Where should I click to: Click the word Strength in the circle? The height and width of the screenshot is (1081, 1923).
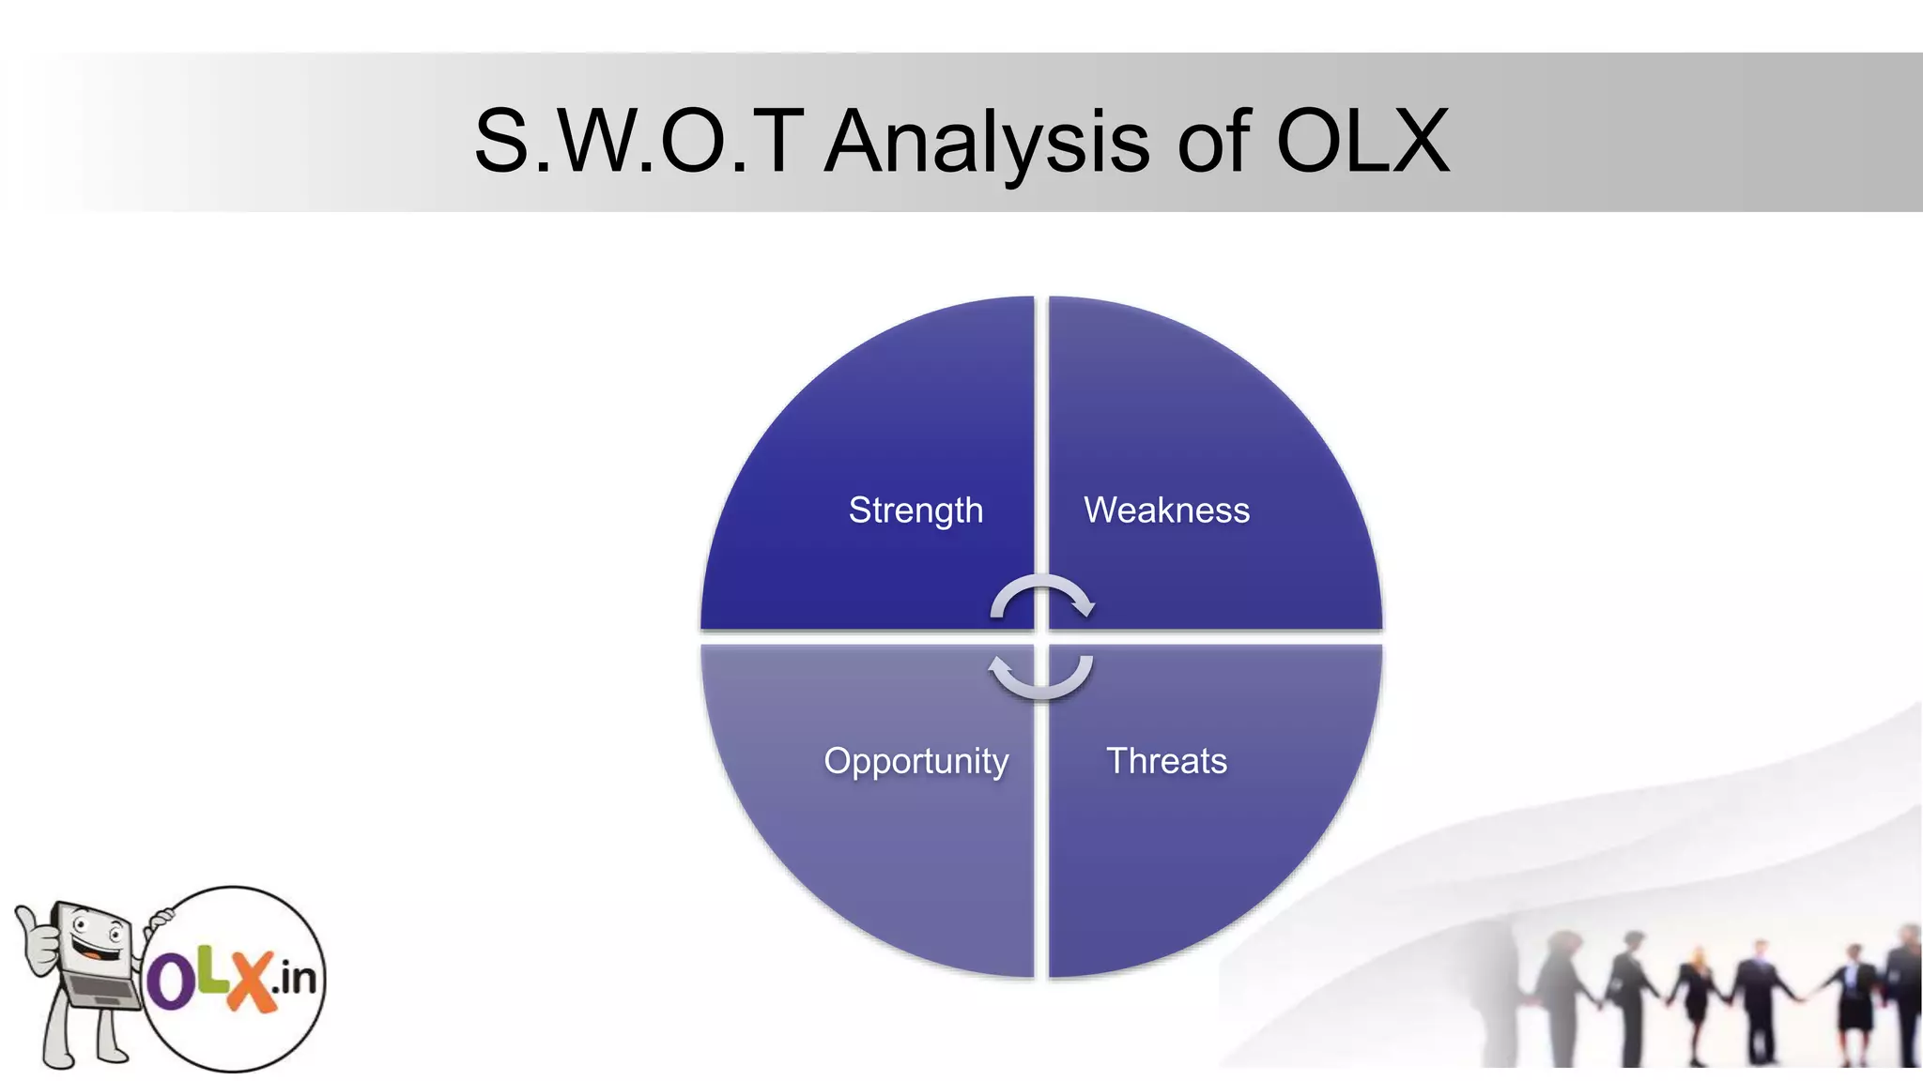[x=915, y=510]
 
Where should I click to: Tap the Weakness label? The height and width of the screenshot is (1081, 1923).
[x=1166, y=510]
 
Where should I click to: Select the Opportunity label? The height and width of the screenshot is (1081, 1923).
[x=915, y=761]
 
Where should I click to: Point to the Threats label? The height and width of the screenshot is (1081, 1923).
[x=1166, y=761]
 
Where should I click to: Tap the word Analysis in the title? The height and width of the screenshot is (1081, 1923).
[x=986, y=143]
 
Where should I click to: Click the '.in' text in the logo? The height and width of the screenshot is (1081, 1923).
[x=294, y=979]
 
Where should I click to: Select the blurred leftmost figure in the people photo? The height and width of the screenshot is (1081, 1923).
[x=1502, y=995]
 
